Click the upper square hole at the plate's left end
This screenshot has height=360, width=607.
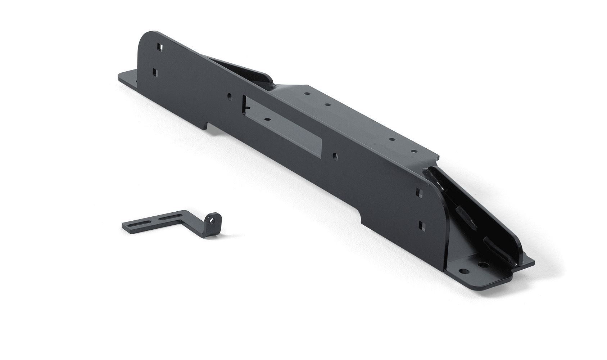160,47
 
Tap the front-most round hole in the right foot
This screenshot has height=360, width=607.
465,270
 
